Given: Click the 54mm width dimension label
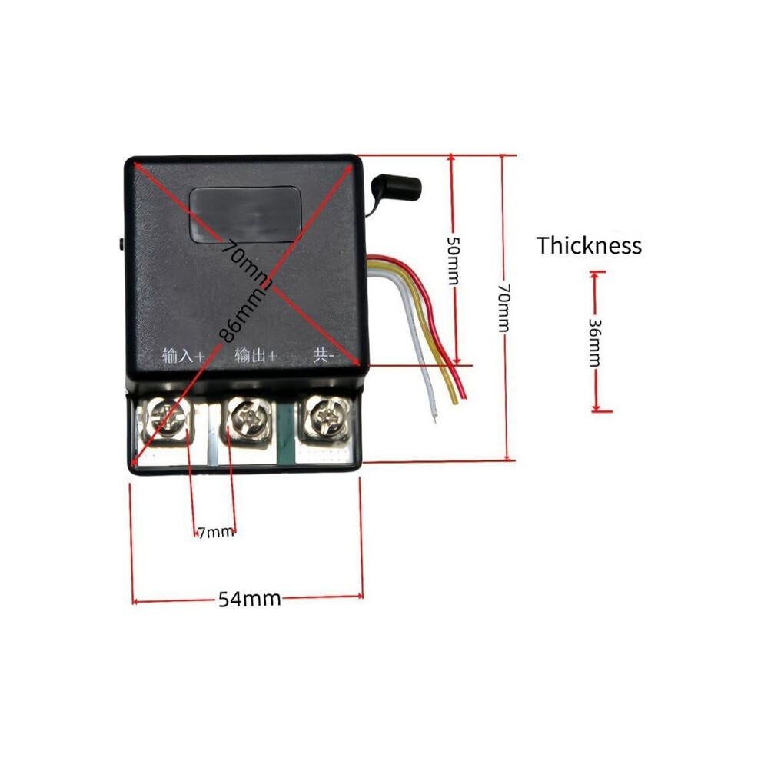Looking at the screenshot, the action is tap(250, 599).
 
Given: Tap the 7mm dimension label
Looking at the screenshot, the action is tap(215, 533).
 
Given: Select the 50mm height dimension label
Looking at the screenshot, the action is tap(452, 260).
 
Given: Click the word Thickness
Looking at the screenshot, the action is tap(589, 245).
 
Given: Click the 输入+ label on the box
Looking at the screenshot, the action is tap(182, 356).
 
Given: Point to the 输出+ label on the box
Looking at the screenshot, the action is tap(255, 355).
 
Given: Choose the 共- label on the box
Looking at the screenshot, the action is tap(324, 355).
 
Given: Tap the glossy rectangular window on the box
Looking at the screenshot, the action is tap(245, 214).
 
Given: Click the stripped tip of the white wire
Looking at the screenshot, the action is tap(434, 417).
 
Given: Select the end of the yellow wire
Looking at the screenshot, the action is tap(454, 401).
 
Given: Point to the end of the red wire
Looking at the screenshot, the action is tap(464, 396).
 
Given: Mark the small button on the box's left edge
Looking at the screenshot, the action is tap(121, 244).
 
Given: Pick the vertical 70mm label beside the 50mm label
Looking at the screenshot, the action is tap(503, 307).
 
